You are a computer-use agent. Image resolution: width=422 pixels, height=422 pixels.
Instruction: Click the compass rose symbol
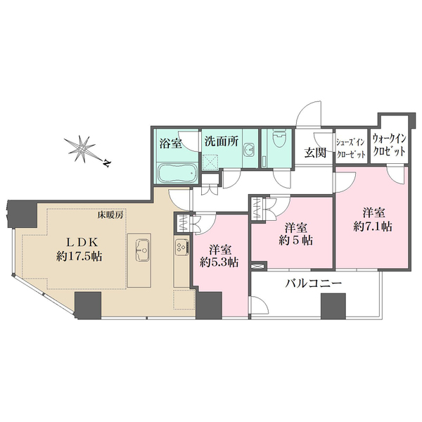(84, 148)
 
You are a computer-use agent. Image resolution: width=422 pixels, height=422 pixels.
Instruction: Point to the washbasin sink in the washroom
(250, 152)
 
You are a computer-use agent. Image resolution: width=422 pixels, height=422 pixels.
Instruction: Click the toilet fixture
(276, 141)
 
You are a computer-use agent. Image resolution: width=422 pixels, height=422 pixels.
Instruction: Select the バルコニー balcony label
(314, 283)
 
